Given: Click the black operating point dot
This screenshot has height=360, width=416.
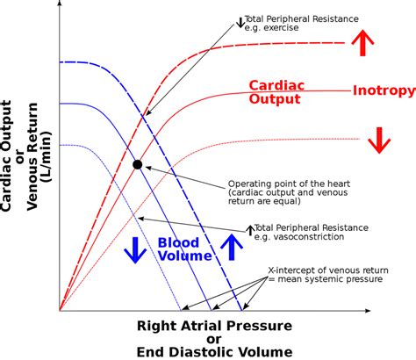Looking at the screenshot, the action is pyautogui.click(x=138, y=165).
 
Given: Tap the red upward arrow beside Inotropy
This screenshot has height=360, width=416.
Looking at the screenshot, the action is pyautogui.click(x=362, y=42).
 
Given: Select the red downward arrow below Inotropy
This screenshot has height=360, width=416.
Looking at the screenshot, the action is pyautogui.click(x=379, y=140).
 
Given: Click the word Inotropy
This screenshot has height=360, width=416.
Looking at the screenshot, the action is pyautogui.click(x=384, y=90).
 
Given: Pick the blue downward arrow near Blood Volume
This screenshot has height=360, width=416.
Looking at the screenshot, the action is pyautogui.click(x=135, y=250).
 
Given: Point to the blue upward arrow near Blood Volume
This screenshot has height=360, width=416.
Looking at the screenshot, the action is pyautogui.click(x=232, y=247).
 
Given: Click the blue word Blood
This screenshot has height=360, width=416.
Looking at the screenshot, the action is pyautogui.click(x=178, y=242).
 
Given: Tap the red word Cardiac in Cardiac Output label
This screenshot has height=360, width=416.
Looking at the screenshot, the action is pyautogui.click(x=276, y=85).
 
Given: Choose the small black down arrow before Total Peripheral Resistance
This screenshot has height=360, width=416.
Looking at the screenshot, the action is pyautogui.click(x=240, y=23).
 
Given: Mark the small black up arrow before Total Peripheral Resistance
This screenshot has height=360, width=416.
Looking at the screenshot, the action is pyautogui.click(x=250, y=231).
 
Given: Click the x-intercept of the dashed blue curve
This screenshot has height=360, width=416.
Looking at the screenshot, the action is pyautogui.click(x=242, y=310).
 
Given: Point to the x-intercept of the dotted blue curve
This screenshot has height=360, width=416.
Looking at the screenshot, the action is pyautogui.click(x=181, y=310).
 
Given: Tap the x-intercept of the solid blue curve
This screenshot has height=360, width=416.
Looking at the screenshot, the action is pyautogui.click(x=212, y=310).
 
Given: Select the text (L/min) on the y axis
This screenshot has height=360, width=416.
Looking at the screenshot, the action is pyautogui.click(x=47, y=157).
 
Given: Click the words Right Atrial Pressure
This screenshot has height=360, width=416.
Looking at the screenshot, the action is pyautogui.click(x=214, y=326).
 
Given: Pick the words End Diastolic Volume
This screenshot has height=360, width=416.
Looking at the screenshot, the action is pyautogui.click(x=214, y=352).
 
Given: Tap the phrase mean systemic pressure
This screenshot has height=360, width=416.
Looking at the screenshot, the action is pyautogui.click(x=330, y=279).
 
